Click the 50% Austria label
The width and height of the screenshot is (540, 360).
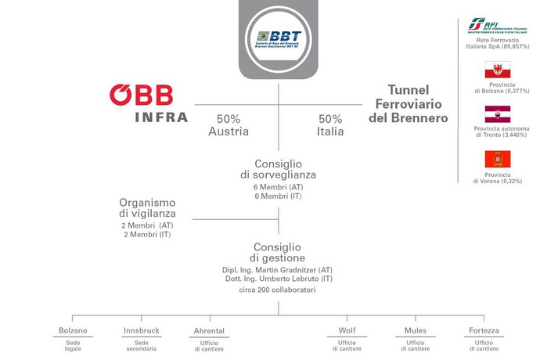click(229, 125)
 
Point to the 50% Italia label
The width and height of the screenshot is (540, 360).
click(329, 125)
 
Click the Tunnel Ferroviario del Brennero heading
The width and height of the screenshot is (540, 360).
click(410, 105)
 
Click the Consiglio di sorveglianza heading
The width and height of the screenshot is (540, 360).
click(279, 169)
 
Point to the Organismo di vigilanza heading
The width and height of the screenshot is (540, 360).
click(147, 207)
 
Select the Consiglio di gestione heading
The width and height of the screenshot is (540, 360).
click(279, 252)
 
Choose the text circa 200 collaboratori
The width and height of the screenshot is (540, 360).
click(279, 290)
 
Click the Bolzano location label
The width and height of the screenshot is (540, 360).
click(73, 330)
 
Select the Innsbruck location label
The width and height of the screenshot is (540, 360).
click(141, 330)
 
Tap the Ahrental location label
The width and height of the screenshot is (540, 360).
click(208, 331)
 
